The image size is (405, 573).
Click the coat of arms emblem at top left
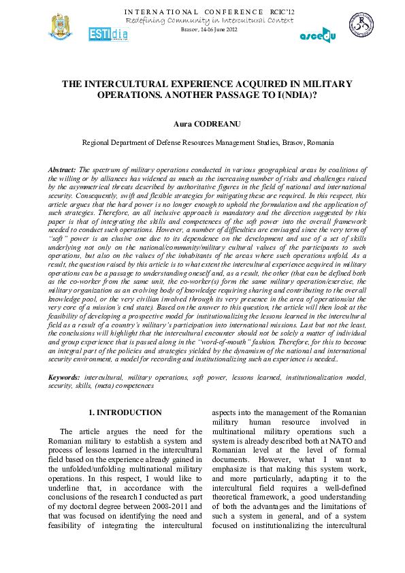59,27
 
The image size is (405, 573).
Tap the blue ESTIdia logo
107,34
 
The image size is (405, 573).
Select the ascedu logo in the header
318,35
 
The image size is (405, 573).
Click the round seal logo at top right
362,26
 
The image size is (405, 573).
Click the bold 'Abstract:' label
63,168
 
